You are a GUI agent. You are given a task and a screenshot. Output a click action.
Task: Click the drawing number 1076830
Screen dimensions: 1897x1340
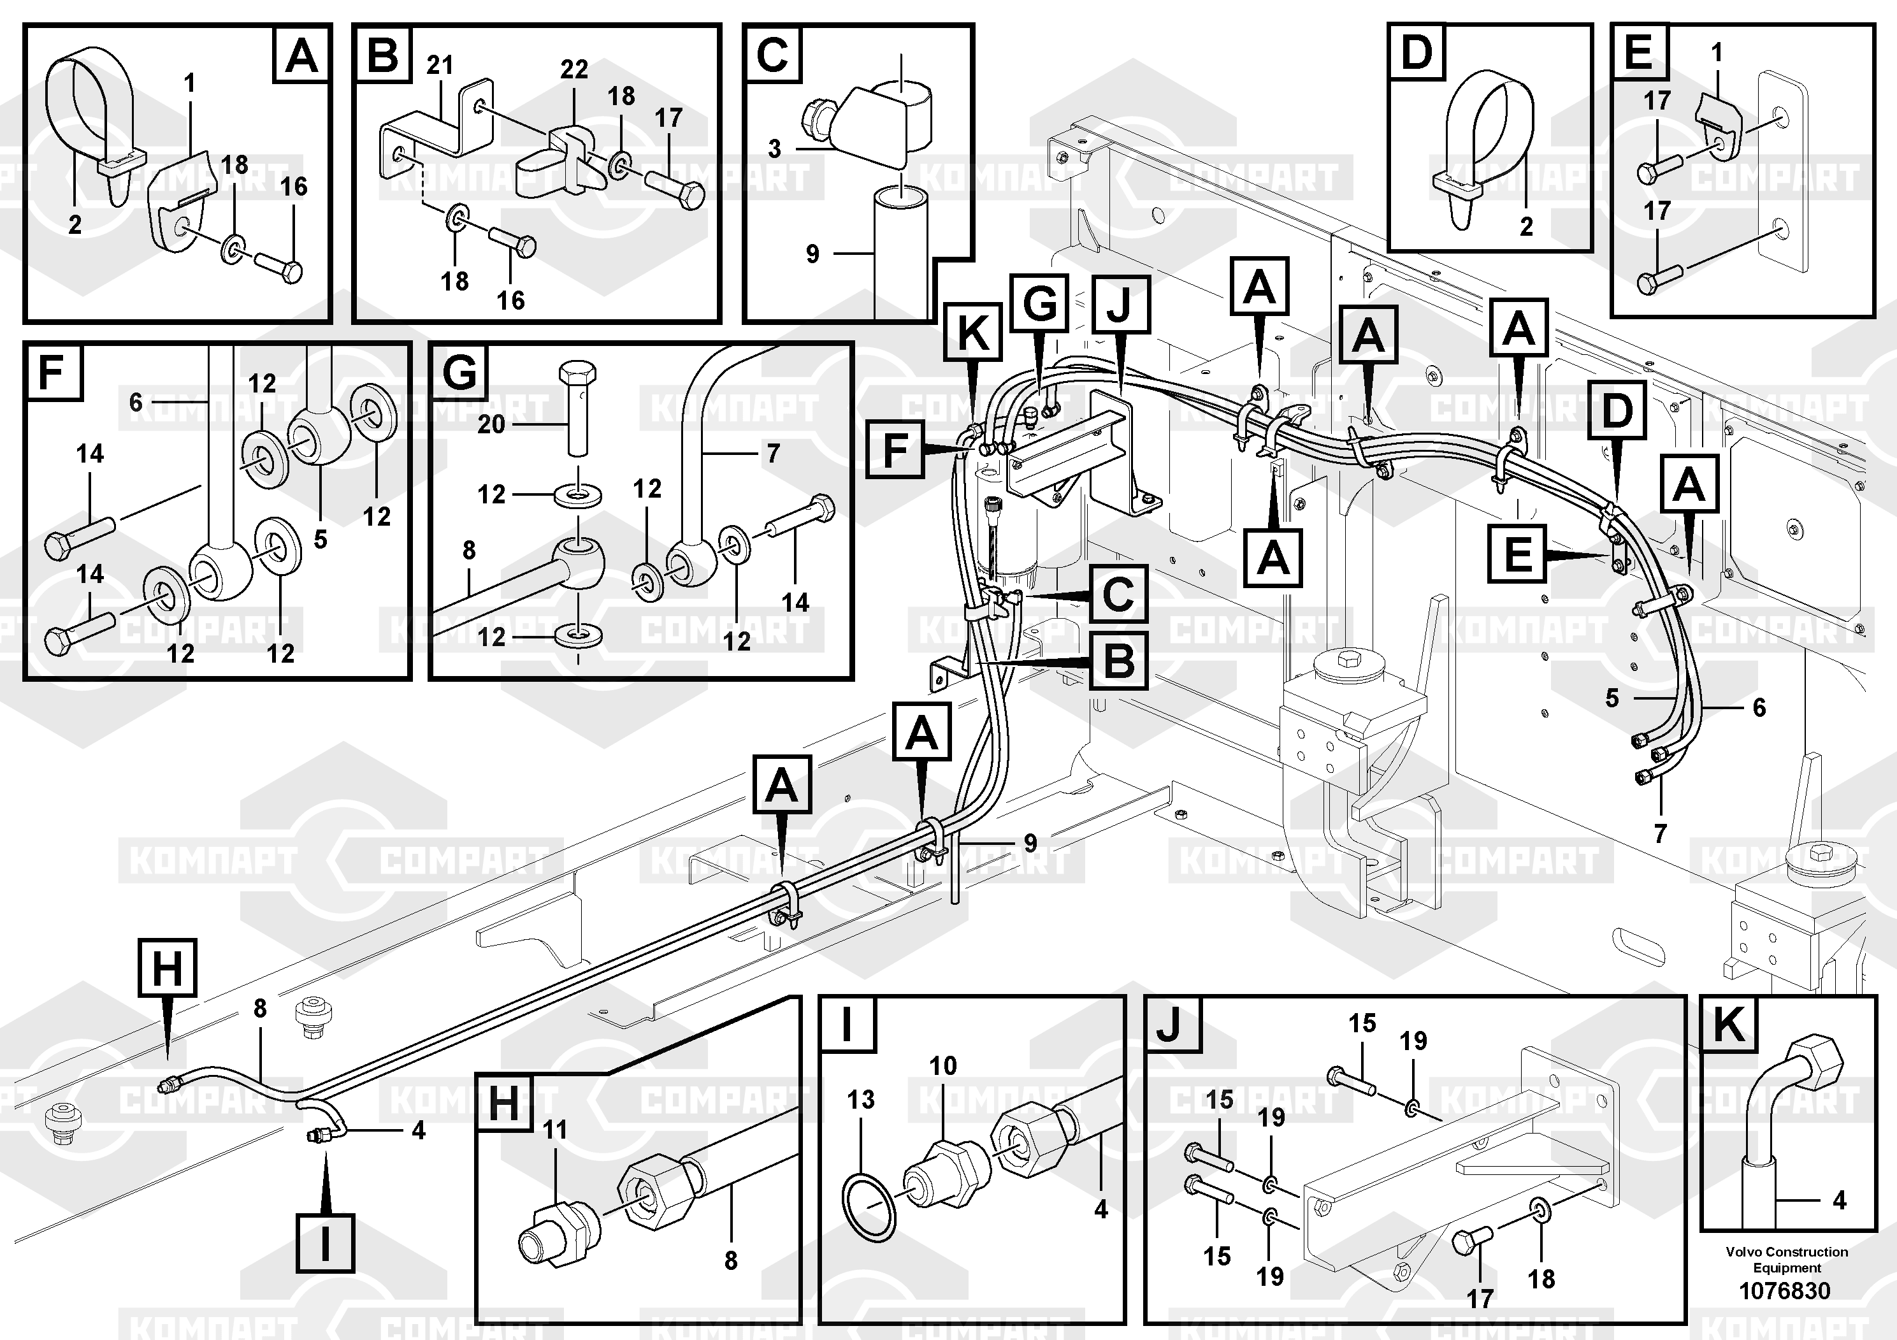pos(1785,1290)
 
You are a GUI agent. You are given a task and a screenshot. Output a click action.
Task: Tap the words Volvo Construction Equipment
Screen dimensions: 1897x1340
pos(1786,1259)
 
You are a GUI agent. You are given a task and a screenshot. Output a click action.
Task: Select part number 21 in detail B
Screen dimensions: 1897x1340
pos(440,64)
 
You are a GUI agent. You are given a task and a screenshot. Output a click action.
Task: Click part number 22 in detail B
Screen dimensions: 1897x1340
pos(574,69)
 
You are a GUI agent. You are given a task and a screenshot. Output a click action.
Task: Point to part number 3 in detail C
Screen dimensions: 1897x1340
pos(774,148)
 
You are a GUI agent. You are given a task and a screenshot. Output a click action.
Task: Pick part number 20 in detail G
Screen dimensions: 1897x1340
pos(491,424)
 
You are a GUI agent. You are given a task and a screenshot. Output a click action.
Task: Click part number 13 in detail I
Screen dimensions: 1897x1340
pos(861,1100)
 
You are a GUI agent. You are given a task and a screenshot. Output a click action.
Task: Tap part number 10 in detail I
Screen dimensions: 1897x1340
pos(942,1066)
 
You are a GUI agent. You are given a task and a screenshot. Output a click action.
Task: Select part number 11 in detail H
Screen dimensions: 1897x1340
pos(554,1129)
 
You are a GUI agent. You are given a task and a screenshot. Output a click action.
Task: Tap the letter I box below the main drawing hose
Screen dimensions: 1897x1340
pos(326,1243)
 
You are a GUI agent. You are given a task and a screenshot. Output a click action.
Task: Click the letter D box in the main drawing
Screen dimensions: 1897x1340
pos(1617,410)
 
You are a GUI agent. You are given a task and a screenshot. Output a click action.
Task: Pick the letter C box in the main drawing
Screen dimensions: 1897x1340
pos(1118,594)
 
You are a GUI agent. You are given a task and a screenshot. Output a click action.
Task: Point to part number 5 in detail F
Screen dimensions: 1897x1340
pos(321,540)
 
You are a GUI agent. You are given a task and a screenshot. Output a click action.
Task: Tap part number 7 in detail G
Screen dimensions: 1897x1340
pos(772,454)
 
